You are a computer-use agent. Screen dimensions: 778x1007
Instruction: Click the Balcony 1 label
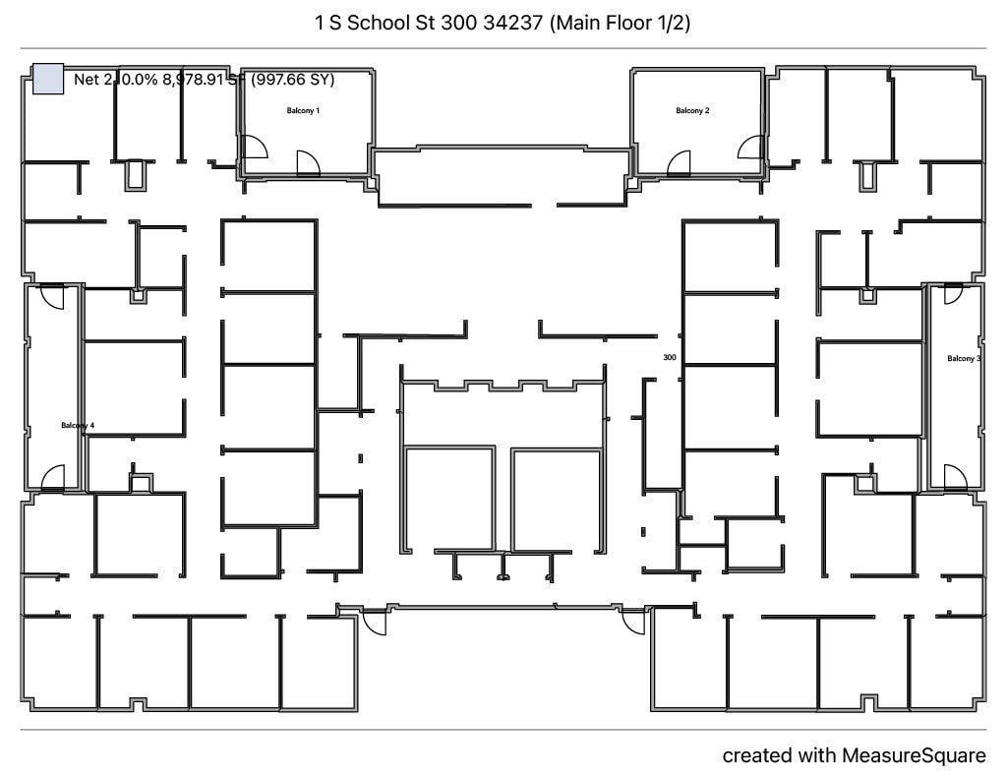tap(303, 111)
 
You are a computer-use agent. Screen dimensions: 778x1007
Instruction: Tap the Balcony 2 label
tap(692, 111)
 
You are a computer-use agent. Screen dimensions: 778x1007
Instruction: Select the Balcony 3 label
tap(963, 359)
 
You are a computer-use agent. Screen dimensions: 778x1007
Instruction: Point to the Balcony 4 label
tap(78, 426)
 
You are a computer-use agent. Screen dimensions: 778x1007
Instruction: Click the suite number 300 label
tap(670, 358)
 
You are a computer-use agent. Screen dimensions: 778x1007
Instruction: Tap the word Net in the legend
tap(87, 80)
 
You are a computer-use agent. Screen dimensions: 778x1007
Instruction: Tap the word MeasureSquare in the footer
tap(913, 755)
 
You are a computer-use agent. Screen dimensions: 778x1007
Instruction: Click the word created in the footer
tap(755, 755)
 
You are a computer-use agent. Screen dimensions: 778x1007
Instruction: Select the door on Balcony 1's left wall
tap(254, 147)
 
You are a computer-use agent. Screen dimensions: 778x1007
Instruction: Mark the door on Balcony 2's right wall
tap(750, 147)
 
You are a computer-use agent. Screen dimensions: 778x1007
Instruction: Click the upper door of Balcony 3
tap(951, 295)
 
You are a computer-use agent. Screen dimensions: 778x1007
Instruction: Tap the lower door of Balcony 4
tap(53, 478)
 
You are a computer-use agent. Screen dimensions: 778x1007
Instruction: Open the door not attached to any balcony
tap(372, 626)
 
